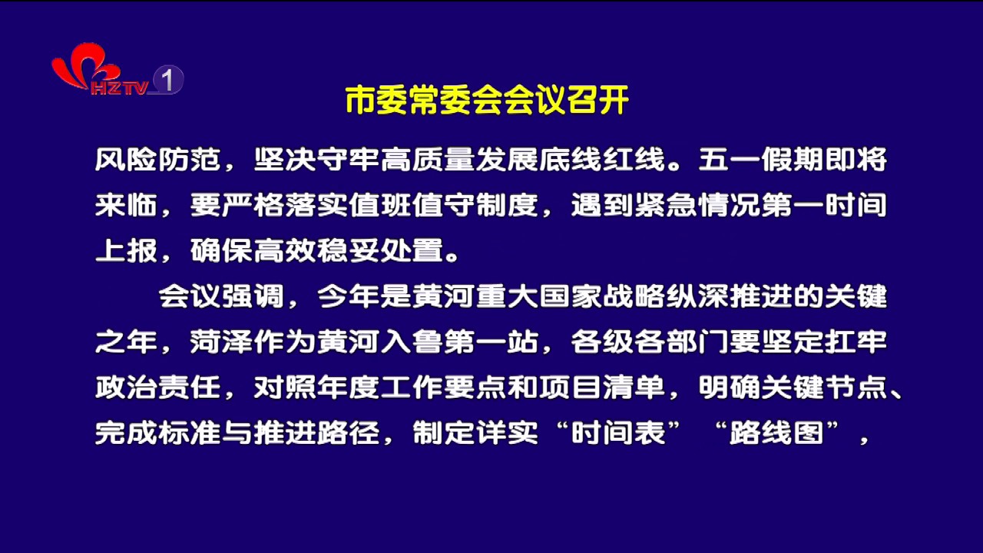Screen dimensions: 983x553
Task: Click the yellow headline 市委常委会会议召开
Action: pos(487,101)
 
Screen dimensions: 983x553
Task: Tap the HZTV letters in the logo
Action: pos(120,88)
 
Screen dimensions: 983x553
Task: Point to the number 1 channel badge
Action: pos(167,79)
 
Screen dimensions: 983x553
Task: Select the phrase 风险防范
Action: pos(158,159)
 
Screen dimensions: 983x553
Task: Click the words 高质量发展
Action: pos(459,159)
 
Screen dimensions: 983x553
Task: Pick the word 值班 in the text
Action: pos(380,205)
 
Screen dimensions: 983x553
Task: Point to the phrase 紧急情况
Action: pos(697,205)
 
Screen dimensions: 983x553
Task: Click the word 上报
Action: pos(127,250)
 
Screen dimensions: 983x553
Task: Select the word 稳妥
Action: pos(349,250)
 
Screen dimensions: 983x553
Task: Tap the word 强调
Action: pos(253,296)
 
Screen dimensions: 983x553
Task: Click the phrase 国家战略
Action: pos(602,296)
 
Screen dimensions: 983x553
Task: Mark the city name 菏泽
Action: pos(222,342)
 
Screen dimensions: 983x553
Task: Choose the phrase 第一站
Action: pos(491,342)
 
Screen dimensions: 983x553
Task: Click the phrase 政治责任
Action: pos(158,388)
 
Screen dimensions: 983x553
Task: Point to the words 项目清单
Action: pos(602,388)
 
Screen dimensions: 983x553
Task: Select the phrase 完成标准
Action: pos(158,433)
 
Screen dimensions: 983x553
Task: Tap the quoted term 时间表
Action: pos(618,433)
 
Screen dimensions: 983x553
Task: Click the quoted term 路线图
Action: pos(776,433)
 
